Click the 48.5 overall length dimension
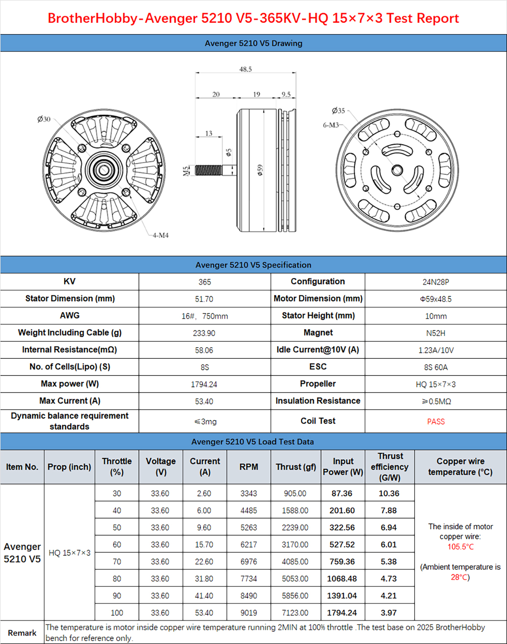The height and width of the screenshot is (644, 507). pos(245,69)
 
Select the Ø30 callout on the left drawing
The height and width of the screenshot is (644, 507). pos(44,119)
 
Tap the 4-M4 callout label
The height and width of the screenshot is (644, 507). pos(161,235)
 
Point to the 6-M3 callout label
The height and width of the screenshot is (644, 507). pos(331,125)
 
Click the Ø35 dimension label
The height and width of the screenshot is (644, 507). pos(338,111)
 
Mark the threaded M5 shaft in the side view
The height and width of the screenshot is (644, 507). pos(208,170)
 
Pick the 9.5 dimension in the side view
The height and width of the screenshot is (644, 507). pos(286,95)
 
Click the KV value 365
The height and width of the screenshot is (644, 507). pos(204,282)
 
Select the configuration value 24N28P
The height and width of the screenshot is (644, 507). pos(436,282)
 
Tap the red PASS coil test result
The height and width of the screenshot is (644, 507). pos(436,422)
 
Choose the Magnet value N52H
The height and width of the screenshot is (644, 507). pos(436,333)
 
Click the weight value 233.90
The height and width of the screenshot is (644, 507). pos(204,333)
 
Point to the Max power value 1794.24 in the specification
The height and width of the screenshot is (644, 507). pos(204,384)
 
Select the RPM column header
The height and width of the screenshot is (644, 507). pos(248,467)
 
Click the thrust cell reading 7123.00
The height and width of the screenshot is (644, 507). pos(295,613)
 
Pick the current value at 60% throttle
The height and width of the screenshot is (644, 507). pos(204,545)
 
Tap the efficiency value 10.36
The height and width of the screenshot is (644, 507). pos(389,493)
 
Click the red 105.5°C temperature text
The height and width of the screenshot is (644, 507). pos(461,547)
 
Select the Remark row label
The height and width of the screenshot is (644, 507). pos(22,633)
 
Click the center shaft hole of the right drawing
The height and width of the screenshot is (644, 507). pos(397,170)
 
